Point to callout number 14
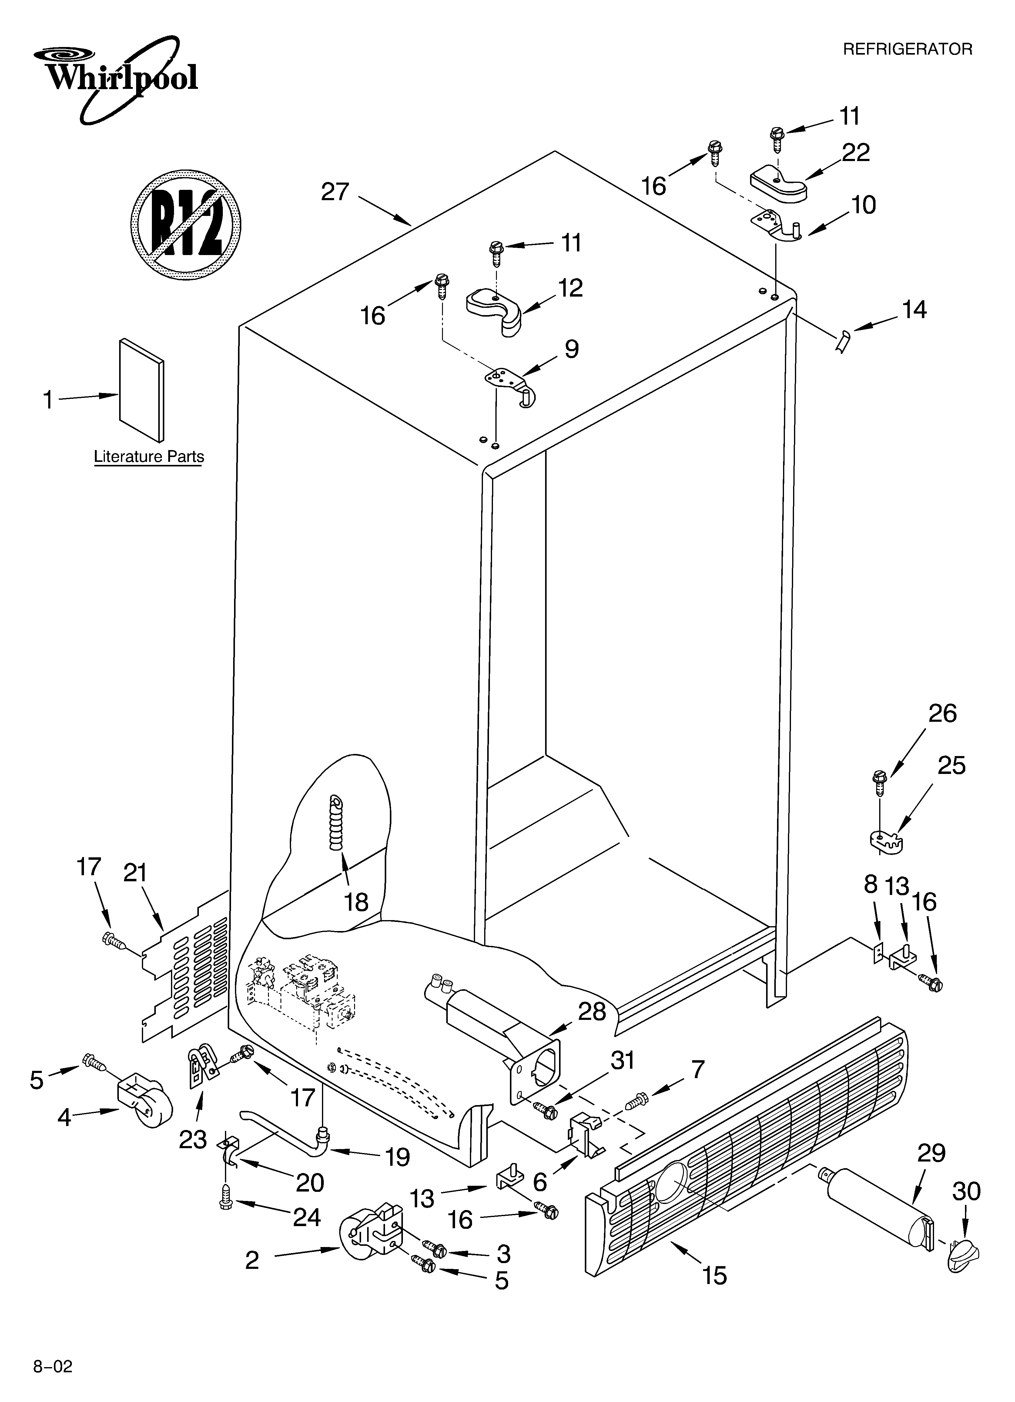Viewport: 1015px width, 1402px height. pyautogui.click(x=914, y=310)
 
